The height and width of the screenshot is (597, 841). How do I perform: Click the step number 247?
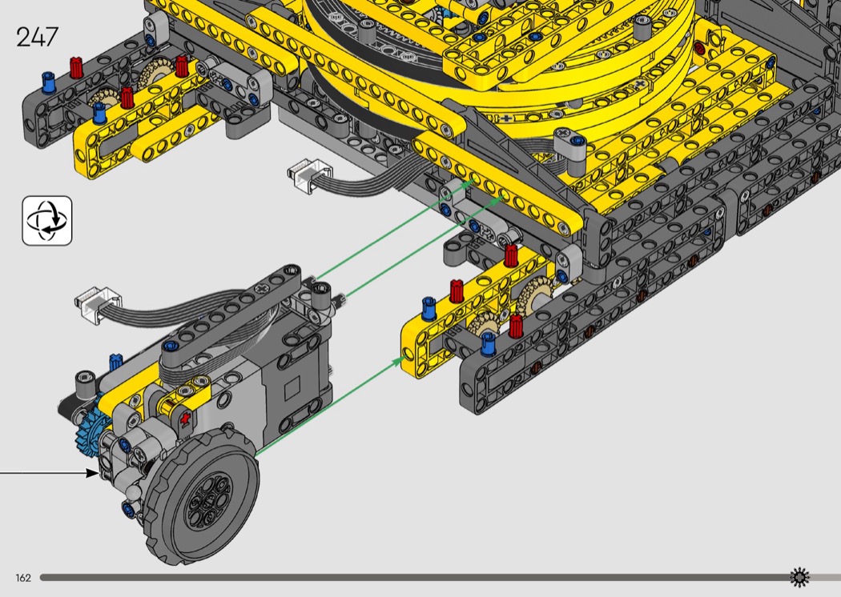click(x=37, y=37)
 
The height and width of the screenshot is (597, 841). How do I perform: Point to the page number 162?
click(x=23, y=578)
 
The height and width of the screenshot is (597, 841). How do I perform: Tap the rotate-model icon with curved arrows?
click(x=47, y=221)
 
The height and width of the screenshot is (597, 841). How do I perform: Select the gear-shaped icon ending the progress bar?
click(x=799, y=577)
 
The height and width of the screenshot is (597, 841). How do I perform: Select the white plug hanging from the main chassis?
click(x=309, y=174)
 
